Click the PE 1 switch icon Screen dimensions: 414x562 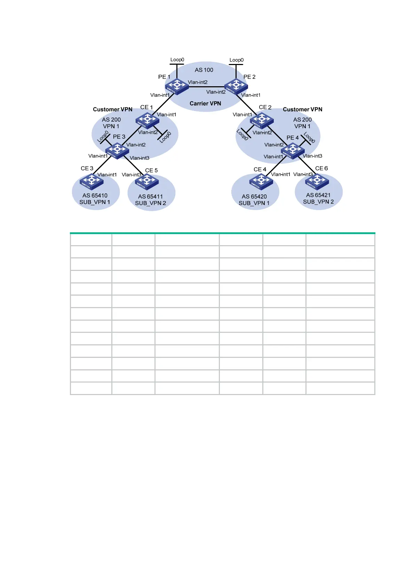[177, 86]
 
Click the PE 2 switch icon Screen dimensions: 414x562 [236, 86]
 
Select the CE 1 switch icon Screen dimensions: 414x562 [147, 120]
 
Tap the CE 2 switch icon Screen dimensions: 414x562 [262, 120]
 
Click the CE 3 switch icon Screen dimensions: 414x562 [92, 181]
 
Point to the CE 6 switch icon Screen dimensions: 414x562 [317, 181]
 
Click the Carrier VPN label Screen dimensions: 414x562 [205, 103]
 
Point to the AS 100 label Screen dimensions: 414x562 [204, 70]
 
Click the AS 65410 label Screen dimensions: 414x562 [95, 195]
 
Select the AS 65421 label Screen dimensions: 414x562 [318, 195]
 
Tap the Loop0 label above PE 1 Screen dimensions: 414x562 [177, 60]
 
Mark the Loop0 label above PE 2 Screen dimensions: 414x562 [237, 60]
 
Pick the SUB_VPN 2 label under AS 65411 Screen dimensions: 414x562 [151, 203]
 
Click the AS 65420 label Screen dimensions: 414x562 [254, 196]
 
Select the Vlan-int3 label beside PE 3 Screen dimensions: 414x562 [140, 158]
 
